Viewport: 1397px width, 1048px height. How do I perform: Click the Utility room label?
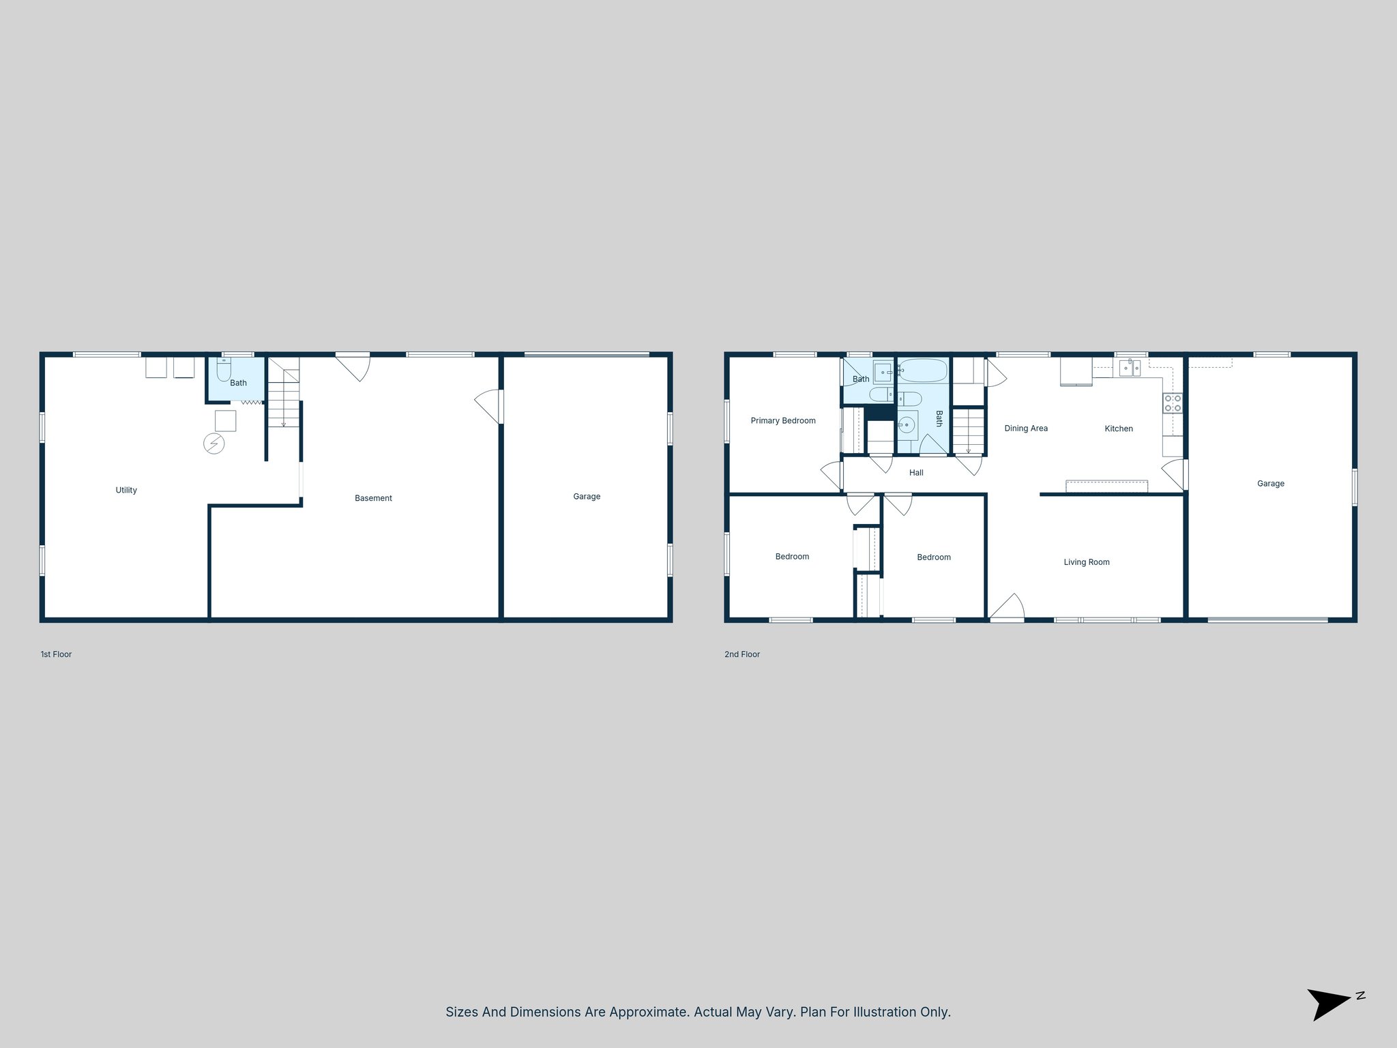[126, 490]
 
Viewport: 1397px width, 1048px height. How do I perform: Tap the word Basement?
[373, 498]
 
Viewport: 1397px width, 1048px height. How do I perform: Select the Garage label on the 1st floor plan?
[587, 496]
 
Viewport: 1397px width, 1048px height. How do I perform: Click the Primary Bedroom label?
[783, 420]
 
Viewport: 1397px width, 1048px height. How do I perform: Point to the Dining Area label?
[1026, 428]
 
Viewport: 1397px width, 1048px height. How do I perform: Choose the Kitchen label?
[1119, 428]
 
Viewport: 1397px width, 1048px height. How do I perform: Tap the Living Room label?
[1087, 562]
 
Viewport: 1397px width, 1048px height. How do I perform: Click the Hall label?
[916, 472]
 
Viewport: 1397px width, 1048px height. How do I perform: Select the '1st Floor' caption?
[56, 654]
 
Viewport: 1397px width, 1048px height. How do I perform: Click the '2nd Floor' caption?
[742, 654]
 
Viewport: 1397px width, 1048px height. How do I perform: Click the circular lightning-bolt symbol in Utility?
[214, 444]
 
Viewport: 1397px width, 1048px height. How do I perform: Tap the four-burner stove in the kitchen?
[1173, 403]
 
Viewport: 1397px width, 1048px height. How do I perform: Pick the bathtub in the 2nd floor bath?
[922, 370]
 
